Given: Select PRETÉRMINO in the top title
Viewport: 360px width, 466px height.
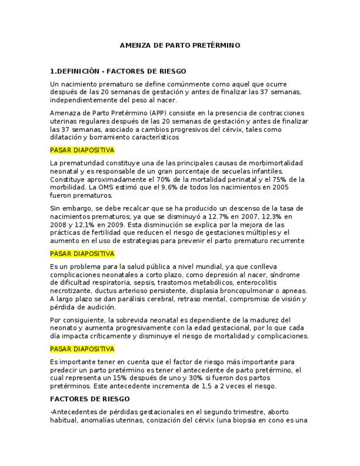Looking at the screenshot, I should pos(219,46).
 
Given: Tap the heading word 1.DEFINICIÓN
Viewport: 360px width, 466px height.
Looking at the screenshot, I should pos(75,71).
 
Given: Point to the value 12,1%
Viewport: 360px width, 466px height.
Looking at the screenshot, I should pos(79,225).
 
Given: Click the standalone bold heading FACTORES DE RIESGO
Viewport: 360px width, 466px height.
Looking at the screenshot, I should pos(90,399).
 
